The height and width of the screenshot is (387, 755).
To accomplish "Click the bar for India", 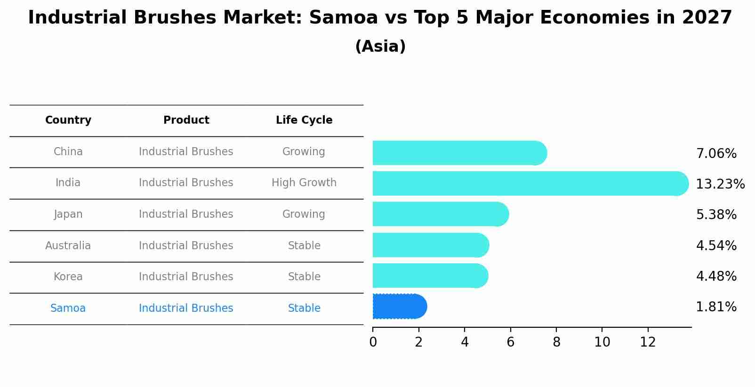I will click(x=530, y=183).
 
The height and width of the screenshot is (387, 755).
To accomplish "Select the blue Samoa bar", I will click(x=399, y=307).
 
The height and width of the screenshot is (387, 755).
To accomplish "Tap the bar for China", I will click(x=459, y=153).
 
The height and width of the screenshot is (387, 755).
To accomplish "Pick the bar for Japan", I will click(x=440, y=214).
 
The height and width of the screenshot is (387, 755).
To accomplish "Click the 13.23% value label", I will click(x=720, y=184).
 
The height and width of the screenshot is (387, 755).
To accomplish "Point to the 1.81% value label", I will click(x=716, y=307).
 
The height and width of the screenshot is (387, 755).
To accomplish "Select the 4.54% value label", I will click(x=716, y=245).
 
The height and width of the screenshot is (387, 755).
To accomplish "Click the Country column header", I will click(x=68, y=120).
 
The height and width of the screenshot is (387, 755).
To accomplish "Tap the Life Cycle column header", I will click(x=304, y=120).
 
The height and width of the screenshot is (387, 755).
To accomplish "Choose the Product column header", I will click(x=186, y=120).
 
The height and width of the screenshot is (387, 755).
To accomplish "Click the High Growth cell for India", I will click(x=304, y=182).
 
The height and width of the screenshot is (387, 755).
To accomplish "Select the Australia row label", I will click(x=68, y=245).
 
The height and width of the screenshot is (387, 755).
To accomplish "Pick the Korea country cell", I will click(x=68, y=276).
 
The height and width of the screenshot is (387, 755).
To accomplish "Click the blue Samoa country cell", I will click(x=68, y=308).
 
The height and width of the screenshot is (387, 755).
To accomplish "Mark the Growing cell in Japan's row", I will click(x=304, y=214).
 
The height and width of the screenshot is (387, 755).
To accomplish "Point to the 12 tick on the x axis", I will click(x=648, y=342).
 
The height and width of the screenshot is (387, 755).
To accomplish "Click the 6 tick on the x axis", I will click(x=510, y=342).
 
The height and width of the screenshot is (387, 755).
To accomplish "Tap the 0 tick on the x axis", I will click(x=373, y=342).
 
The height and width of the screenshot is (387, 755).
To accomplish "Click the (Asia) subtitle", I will click(x=380, y=47).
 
